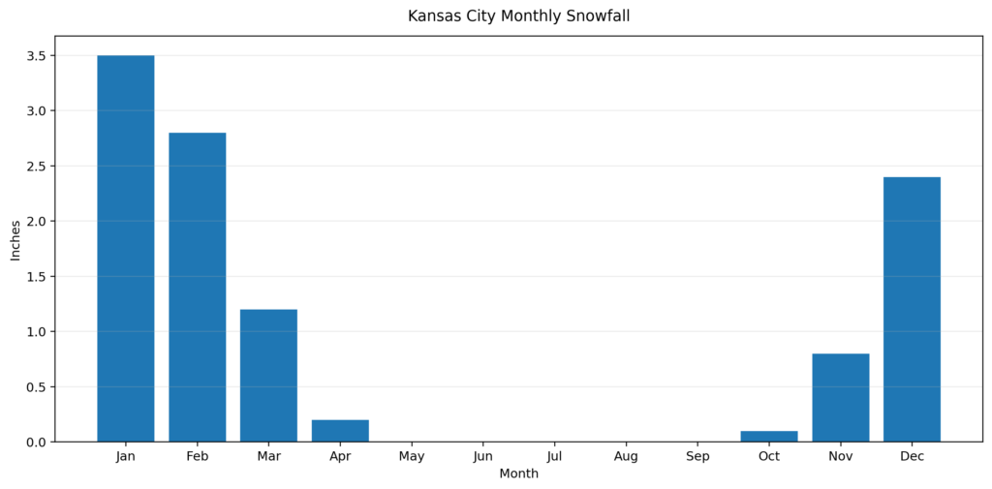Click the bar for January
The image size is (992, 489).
click(x=125, y=248)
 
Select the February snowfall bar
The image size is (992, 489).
click(x=197, y=287)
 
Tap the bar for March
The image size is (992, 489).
click(x=268, y=375)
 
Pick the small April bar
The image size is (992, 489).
click(x=340, y=431)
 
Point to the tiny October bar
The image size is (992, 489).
click(x=769, y=437)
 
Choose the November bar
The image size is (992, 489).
click(x=840, y=397)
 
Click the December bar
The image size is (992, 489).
click(x=912, y=309)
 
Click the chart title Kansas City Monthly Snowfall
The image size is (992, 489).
click(x=518, y=16)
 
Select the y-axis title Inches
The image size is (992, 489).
click(x=15, y=239)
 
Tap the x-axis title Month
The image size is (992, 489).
click(x=518, y=474)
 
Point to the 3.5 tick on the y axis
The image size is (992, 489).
click(x=36, y=56)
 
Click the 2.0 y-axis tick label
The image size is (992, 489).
click(x=36, y=222)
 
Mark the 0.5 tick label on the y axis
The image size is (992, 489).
click(x=36, y=387)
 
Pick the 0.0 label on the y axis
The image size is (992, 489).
click(x=36, y=443)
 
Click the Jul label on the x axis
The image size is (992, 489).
click(x=554, y=456)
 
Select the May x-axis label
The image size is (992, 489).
click(x=412, y=456)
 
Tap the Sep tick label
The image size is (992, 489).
click(x=697, y=456)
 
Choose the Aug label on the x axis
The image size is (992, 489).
click(x=626, y=456)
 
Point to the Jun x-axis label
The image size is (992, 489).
click(x=483, y=456)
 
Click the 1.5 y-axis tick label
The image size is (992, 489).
click(x=36, y=277)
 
